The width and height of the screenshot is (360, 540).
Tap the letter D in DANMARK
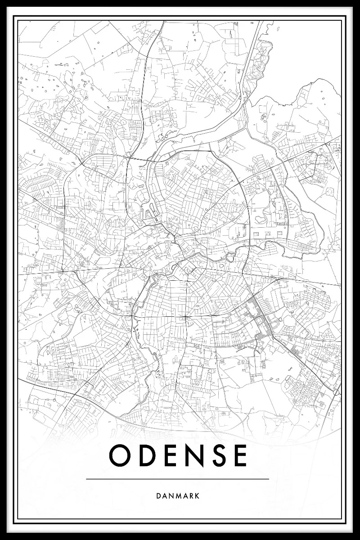158,496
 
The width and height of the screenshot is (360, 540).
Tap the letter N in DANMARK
171,496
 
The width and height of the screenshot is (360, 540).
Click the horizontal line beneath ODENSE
177,479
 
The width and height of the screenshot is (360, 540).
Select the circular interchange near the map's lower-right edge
337,392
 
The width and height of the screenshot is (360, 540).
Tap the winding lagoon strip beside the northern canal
259,63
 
